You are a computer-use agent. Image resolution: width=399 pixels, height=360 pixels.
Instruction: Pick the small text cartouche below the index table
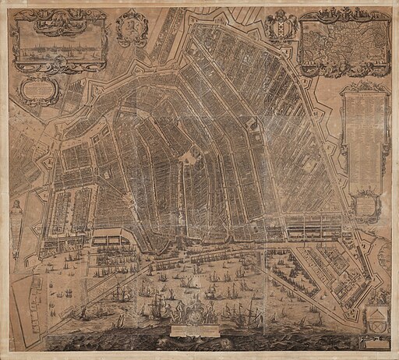tap(365, 204)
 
